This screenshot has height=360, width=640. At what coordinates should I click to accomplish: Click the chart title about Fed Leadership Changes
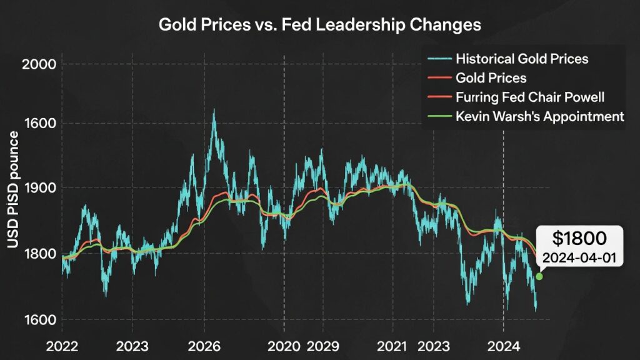click(x=320, y=25)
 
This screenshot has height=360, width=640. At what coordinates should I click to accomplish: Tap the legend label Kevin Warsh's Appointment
click(x=540, y=116)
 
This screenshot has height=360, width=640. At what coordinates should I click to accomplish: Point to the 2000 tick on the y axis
click(x=38, y=64)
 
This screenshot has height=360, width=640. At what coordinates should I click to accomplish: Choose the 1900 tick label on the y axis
click(x=38, y=188)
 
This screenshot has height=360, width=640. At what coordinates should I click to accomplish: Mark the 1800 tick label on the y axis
click(x=38, y=254)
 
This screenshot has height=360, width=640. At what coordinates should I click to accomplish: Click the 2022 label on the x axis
click(x=62, y=346)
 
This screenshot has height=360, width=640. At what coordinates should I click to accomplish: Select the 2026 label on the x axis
click(x=204, y=346)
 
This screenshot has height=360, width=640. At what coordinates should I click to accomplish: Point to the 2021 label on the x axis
click(x=392, y=346)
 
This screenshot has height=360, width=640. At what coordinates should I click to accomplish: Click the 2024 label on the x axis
click(x=504, y=346)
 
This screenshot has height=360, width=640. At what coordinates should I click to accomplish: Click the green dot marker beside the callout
click(x=539, y=276)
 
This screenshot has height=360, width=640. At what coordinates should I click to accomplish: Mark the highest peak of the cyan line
click(x=214, y=111)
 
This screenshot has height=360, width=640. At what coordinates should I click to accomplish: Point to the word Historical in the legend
click(x=484, y=60)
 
